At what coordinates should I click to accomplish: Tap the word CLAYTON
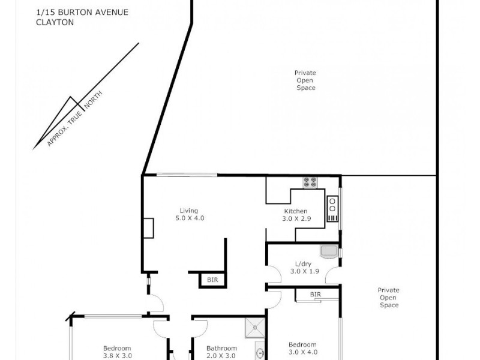[x=54, y=22]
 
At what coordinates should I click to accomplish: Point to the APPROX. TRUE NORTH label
[x=76, y=119]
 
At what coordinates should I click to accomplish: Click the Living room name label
[x=190, y=211]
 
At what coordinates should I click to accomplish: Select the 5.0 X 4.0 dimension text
[x=190, y=218]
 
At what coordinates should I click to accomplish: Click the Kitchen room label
[x=296, y=211]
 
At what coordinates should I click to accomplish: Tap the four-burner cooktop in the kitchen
[x=311, y=182]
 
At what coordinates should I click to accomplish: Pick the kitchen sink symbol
[x=333, y=208]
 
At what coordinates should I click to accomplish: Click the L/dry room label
[x=304, y=264]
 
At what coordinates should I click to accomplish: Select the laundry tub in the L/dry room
[x=330, y=251]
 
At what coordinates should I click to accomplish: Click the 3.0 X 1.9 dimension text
[x=304, y=272]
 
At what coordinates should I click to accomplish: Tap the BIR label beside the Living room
[x=212, y=280]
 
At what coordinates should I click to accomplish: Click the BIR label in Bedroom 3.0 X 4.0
[x=316, y=295]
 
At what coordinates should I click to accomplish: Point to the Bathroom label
[x=221, y=348]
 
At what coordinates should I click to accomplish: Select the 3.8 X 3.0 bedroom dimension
[x=117, y=356]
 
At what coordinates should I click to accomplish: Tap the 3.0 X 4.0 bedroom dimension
[x=302, y=352]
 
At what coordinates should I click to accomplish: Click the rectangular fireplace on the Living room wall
[x=148, y=229]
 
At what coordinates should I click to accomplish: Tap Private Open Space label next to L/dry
[x=388, y=298]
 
